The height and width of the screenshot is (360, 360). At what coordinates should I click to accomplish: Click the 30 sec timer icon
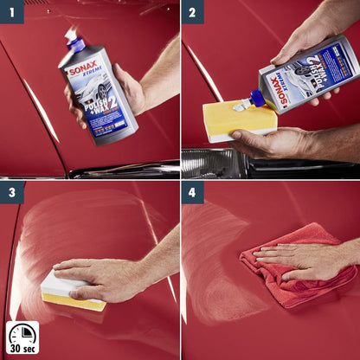tap(22, 337)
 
